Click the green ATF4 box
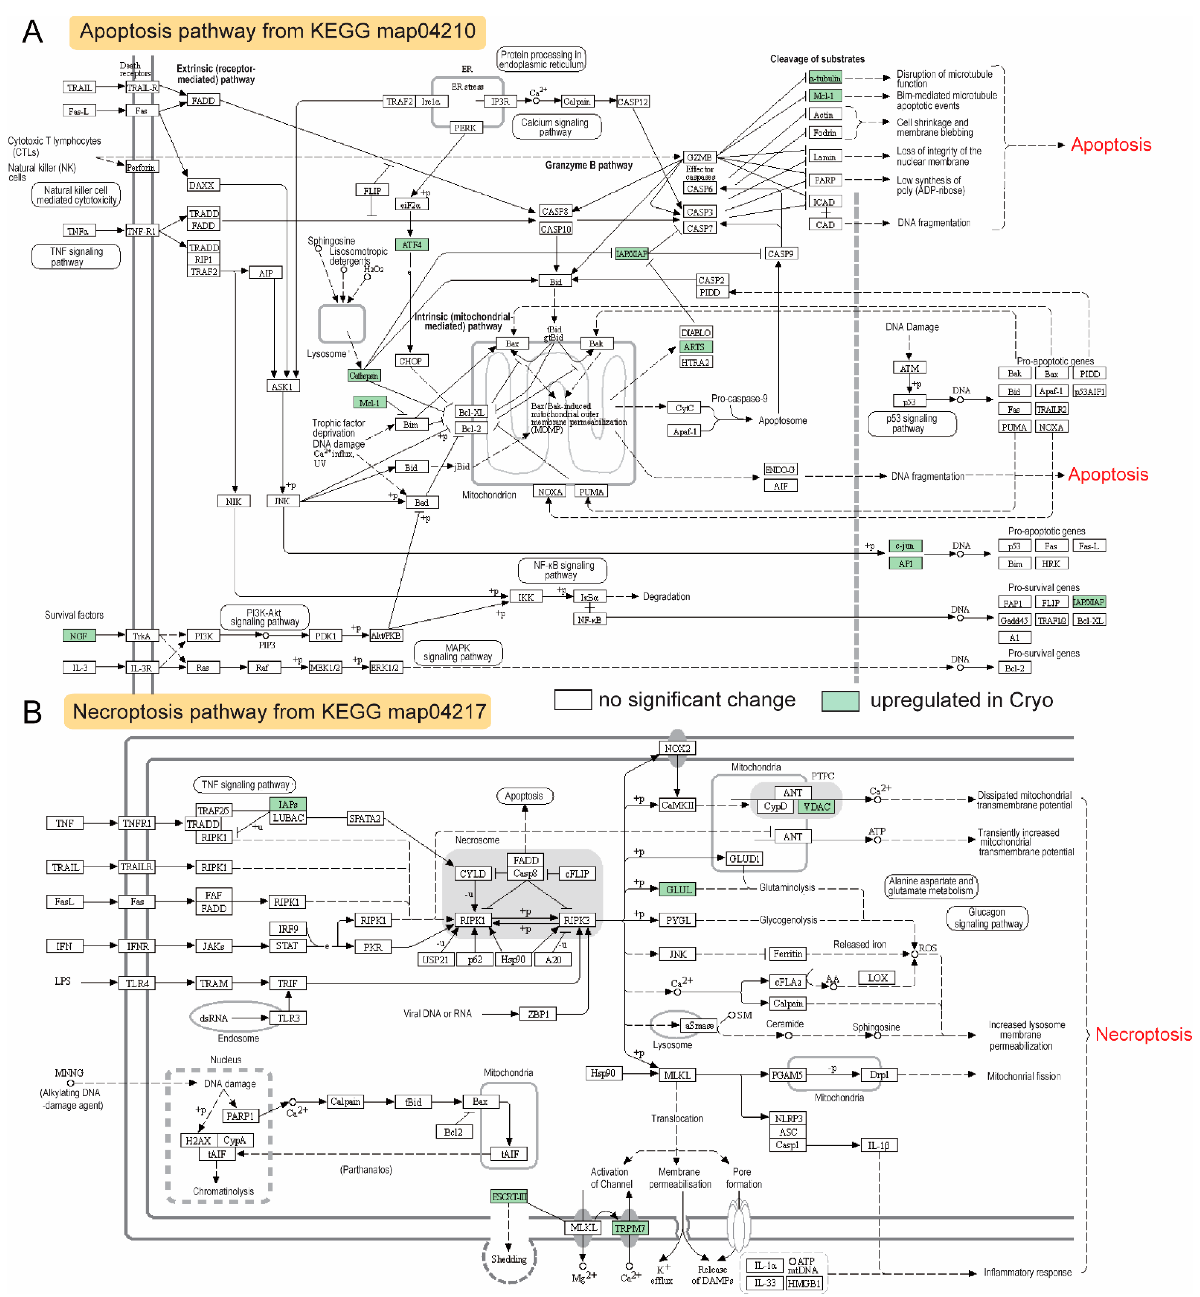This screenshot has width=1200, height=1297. click(x=412, y=245)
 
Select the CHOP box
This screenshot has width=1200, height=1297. click(x=410, y=361)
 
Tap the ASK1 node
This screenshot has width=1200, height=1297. click(x=282, y=386)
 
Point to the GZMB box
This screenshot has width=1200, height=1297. click(x=699, y=157)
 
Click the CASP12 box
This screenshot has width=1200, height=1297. click(x=633, y=102)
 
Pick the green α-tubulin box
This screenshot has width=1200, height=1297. click(x=825, y=78)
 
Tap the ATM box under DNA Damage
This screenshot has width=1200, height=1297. click(x=909, y=368)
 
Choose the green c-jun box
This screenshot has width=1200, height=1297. click(x=905, y=546)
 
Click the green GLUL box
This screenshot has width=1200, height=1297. click(x=679, y=889)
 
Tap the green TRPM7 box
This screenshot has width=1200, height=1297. click(x=630, y=1228)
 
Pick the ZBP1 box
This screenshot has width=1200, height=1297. click(x=538, y=1014)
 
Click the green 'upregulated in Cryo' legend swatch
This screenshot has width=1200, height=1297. click(x=840, y=700)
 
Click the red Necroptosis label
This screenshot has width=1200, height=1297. click(x=1143, y=1034)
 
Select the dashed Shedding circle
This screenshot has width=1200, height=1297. click(x=509, y=1259)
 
